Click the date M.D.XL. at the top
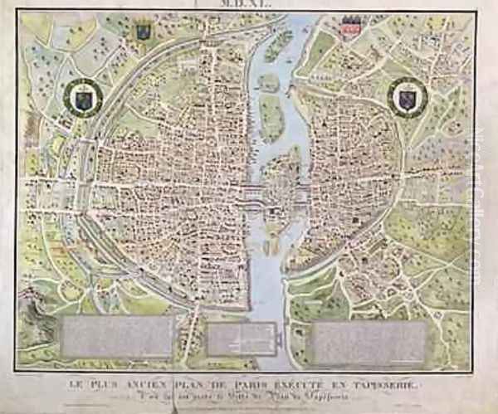pyautogui.click(x=249, y=5)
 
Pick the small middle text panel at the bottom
pyautogui.click(x=242, y=338)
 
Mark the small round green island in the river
pyautogui.click(x=267, y=81)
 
